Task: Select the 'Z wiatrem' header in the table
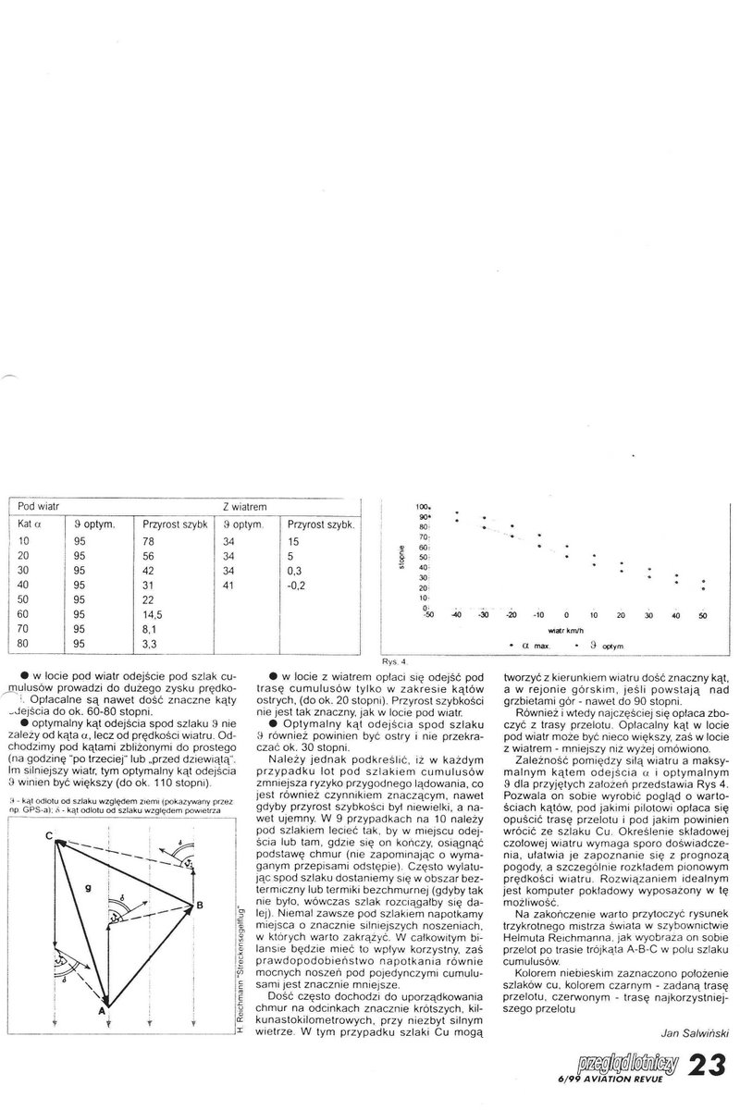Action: click(x=245, y=508)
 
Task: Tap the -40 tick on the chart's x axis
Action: click(x=456, y=615)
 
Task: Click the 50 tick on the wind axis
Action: click(x=702, y=615)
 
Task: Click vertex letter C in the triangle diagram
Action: click(x=47, y=812)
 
